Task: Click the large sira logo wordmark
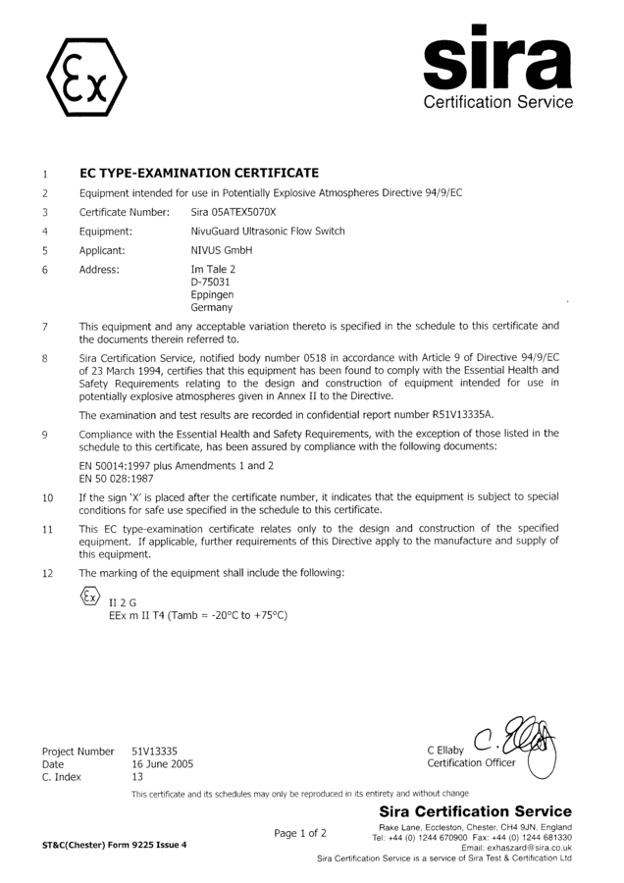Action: pos(497,60)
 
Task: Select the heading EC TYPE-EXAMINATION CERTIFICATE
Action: pos(198,173)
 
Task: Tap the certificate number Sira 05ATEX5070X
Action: pos(234,212)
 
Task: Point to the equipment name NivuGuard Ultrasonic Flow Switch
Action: pos(267,232)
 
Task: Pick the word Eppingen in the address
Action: pos(213,294)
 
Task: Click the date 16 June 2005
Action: pos(163,763)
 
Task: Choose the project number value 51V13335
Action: pos(155,751)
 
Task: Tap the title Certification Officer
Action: pos(471,763)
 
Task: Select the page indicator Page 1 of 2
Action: pos(300,833)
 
